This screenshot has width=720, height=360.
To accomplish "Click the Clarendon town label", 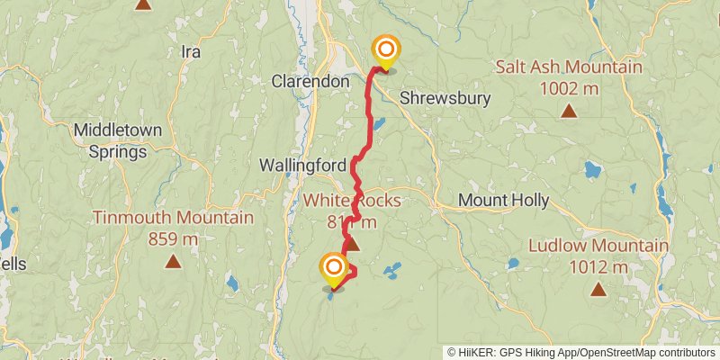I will point(310,81).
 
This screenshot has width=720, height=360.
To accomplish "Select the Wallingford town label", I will point(301,166).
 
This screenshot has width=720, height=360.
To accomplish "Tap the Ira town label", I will point(190,51).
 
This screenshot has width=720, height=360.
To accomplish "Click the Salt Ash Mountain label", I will point(569,67).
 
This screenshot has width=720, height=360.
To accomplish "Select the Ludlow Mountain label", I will point(598,246).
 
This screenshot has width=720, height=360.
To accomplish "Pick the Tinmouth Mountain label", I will point(173,218).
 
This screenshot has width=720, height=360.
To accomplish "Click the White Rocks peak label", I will point(352,200).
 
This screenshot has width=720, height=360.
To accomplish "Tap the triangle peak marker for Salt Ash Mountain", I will point(569,111).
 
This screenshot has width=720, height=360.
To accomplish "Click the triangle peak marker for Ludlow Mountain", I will point(598,289).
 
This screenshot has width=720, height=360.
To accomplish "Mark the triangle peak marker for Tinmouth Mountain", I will point(173,262).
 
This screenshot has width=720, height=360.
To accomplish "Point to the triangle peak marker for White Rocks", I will point(353,243).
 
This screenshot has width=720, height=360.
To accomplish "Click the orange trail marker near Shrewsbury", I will point(386,50).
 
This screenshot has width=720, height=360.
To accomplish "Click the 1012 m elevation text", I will point(598,266).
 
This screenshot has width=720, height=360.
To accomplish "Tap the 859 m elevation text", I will point(173,239).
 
